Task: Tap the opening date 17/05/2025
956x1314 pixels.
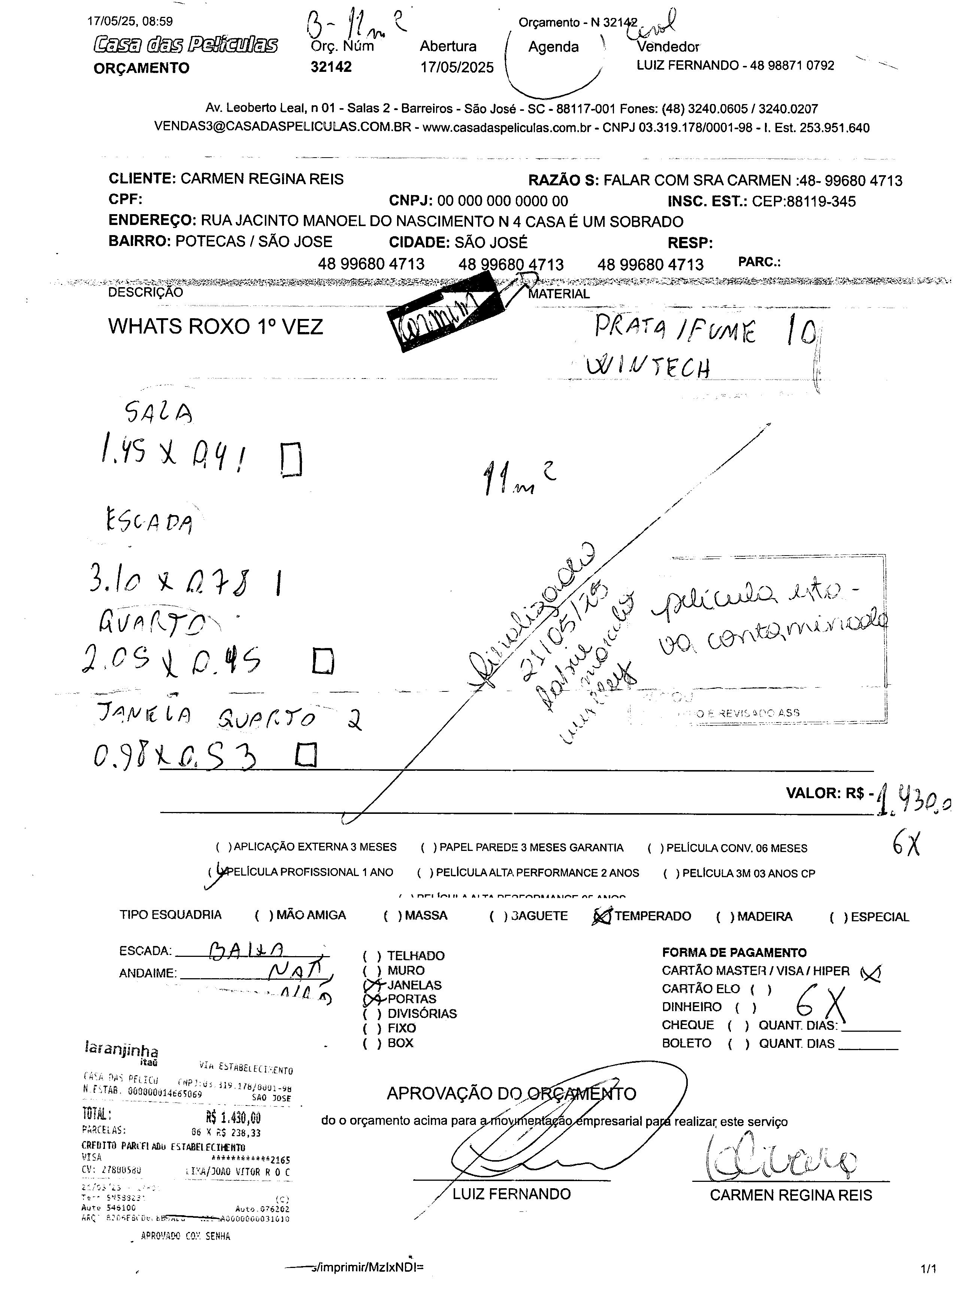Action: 457,67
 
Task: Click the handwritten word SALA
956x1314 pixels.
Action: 158,413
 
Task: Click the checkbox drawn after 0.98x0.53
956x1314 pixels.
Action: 306,755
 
